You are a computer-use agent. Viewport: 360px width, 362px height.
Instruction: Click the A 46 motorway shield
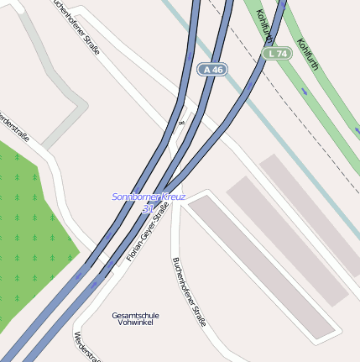213,70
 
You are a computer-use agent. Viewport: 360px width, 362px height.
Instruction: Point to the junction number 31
148,207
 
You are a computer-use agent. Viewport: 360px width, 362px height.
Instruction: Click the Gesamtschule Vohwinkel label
136,318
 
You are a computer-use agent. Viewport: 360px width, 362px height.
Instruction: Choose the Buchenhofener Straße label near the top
76,27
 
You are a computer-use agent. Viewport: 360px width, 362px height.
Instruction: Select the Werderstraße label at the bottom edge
87,346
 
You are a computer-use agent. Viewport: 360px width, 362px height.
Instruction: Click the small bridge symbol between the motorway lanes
181,123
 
